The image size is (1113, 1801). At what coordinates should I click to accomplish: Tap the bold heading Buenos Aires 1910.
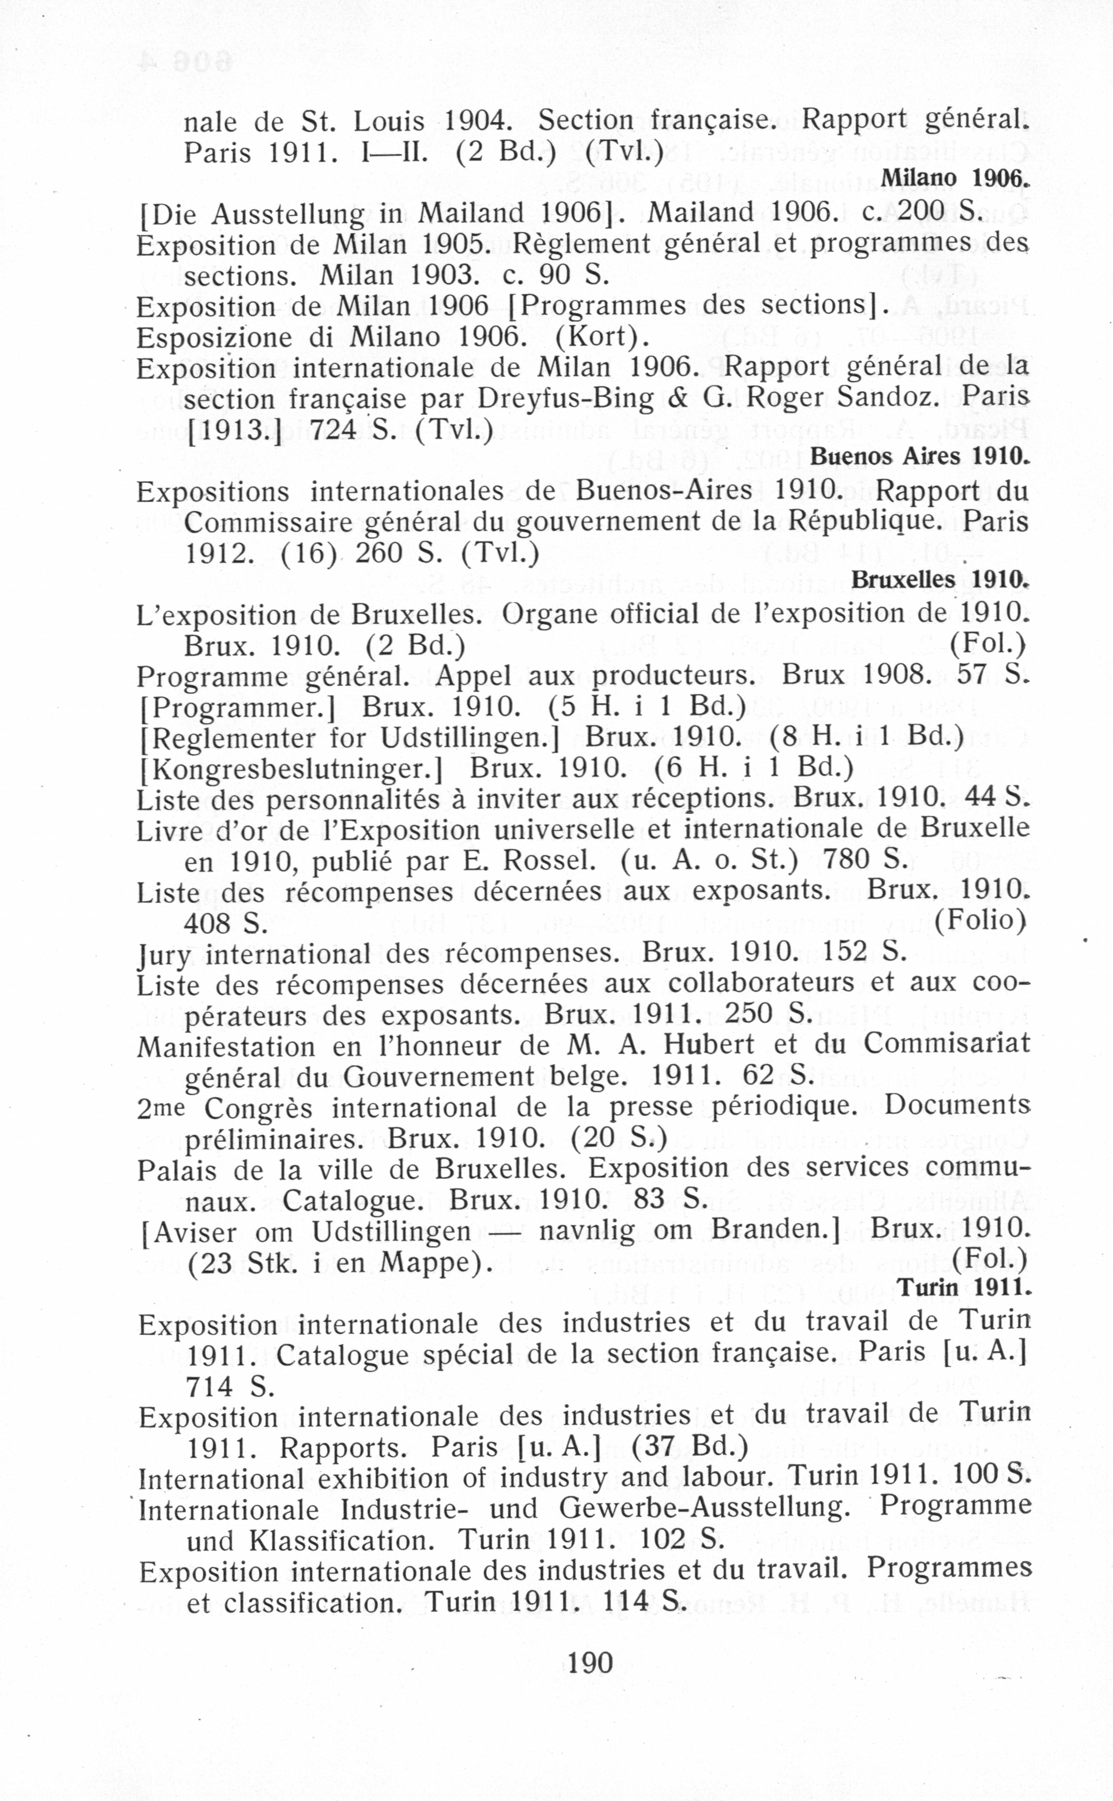(919, 456)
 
